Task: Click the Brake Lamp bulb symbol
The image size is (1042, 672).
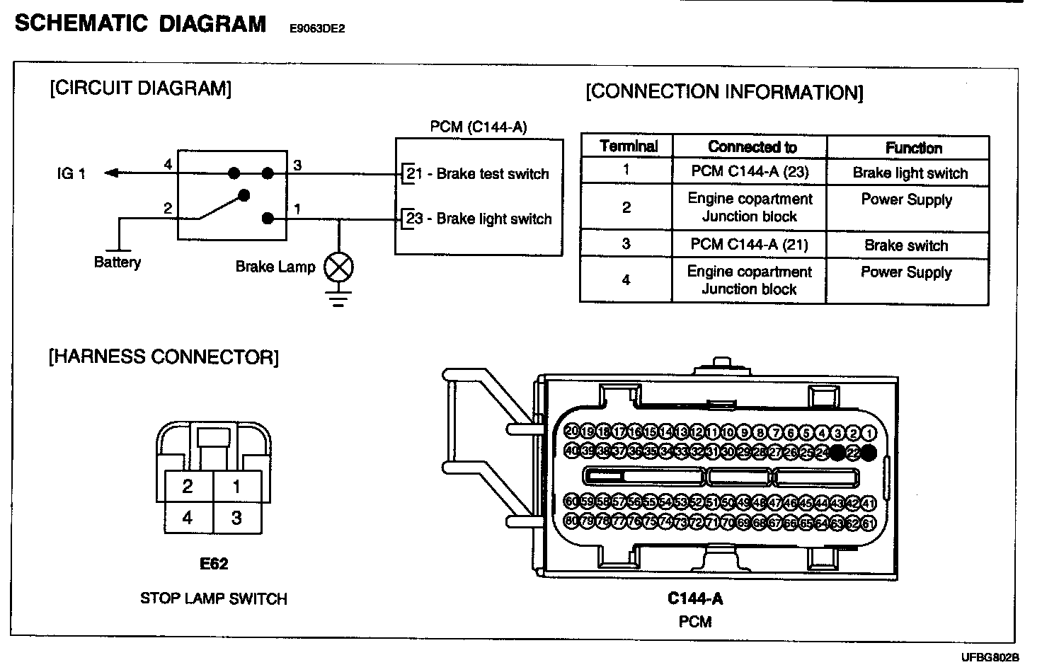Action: point(338,267)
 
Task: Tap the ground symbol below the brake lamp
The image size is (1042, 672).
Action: point(339,298)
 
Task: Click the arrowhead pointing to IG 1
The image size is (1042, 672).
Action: point(110,173)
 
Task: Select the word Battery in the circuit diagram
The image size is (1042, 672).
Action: point(118,262)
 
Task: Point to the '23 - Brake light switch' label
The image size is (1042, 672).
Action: point(479,219)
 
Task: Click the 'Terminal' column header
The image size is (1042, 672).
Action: point(628,146)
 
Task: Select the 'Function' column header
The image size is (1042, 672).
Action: point(913,148)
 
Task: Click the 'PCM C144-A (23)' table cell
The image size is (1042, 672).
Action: point(749,171)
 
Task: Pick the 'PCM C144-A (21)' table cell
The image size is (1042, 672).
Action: point(749,245)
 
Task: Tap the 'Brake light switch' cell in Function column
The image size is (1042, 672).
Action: point(910,173)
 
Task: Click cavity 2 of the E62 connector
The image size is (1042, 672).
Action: point(188,486)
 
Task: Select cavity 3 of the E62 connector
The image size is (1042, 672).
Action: point(236,518)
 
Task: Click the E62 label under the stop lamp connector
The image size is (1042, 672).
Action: point(214,564)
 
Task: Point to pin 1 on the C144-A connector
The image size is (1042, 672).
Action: point(869,433)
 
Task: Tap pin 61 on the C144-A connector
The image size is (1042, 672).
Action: point(869,523)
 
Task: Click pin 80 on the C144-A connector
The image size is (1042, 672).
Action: point(572,522)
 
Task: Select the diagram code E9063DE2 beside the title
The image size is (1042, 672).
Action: point(317,29)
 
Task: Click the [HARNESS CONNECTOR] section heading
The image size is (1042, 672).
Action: point(164,357)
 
